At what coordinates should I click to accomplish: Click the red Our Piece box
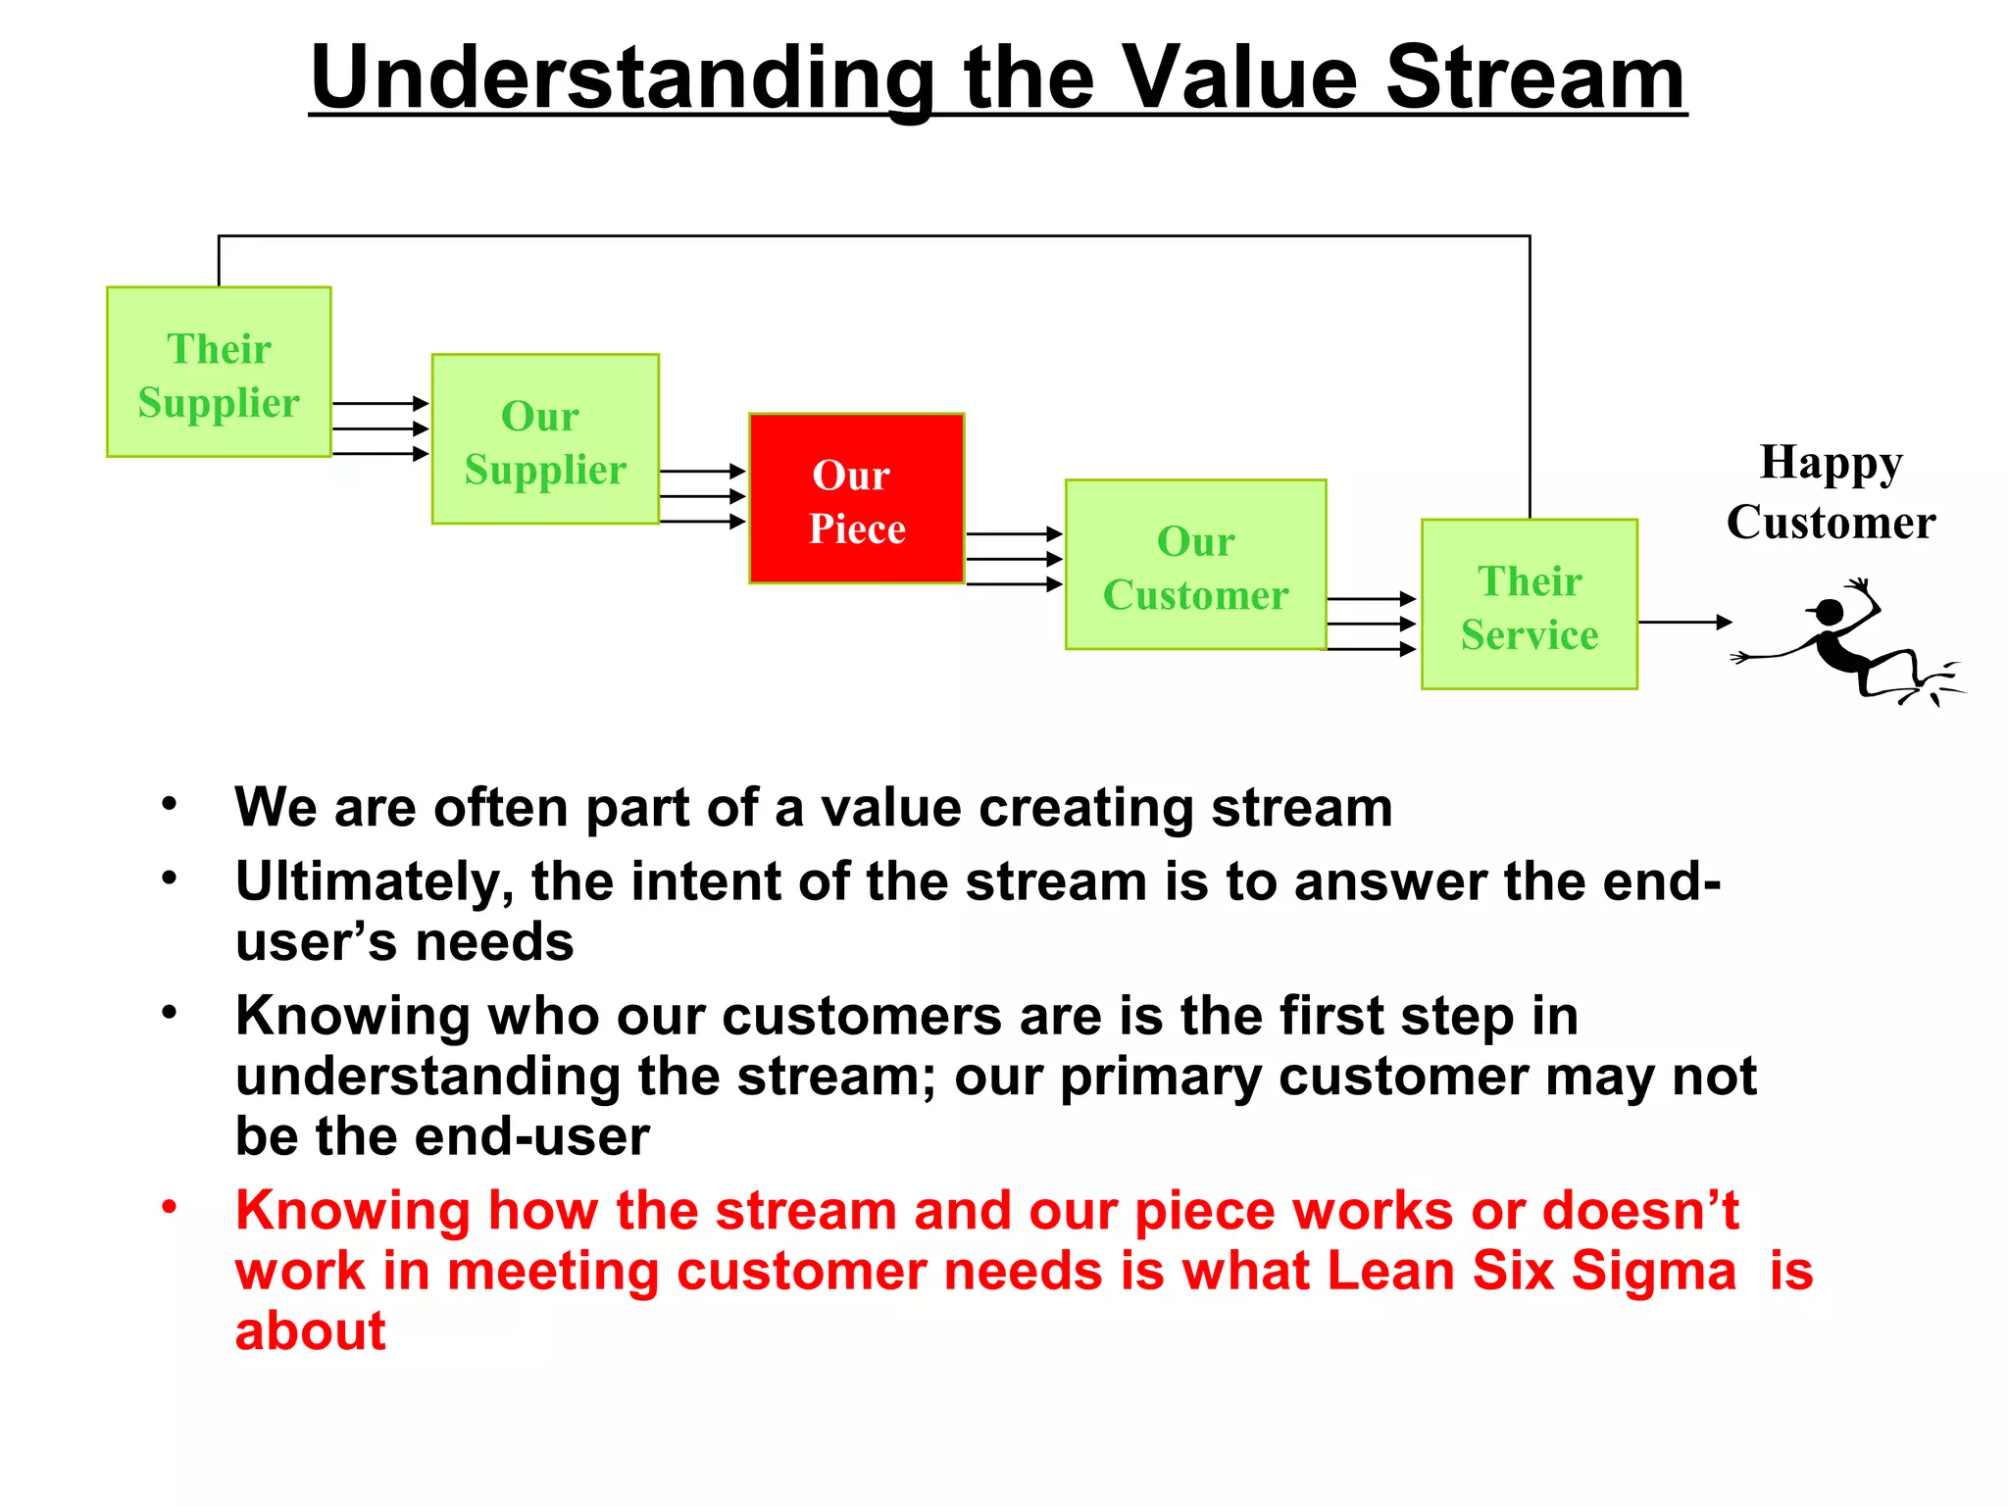point(856,499)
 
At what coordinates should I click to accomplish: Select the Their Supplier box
point(219,373)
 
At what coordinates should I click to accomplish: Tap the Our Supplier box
point(545,439)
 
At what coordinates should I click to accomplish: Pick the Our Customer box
point(1195,565)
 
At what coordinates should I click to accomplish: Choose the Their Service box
point(1529,605)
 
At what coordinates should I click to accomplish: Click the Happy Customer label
point(1830,492)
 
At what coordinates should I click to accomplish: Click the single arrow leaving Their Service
point(1684,622)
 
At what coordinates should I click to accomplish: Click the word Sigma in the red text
point(1653,1272)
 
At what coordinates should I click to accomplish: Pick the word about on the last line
point(310,1332)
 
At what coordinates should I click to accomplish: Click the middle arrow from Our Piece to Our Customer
point(1014,559)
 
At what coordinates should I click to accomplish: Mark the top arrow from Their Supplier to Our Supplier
point(380,403)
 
